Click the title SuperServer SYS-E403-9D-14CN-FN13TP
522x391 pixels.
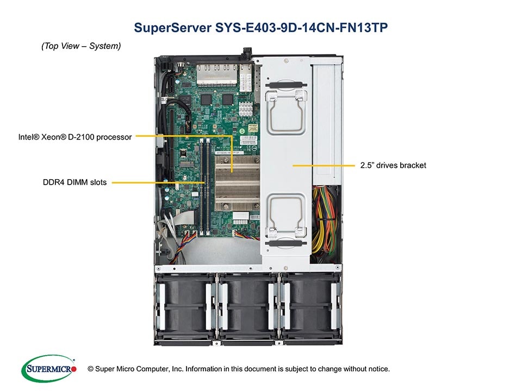tap(260, 28)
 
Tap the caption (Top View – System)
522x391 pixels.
tap(81, 47)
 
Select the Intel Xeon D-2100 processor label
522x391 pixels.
tap(74, 137)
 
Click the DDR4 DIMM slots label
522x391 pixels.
tap(75, 182)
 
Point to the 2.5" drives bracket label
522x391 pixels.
tap(393, 165)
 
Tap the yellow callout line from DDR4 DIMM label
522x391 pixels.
tap(158, 183)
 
